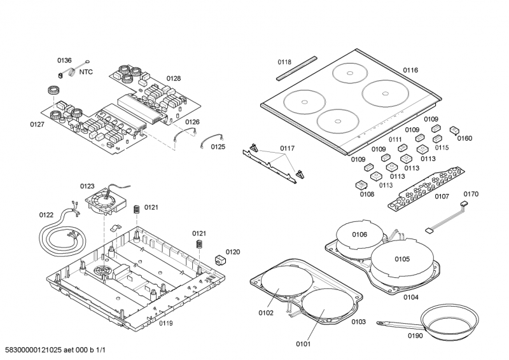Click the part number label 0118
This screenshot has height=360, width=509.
284,62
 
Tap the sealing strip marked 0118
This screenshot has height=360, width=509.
296,67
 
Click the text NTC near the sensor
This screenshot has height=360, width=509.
86,72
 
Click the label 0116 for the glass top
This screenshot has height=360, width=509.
410,70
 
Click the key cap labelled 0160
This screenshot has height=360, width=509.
454,130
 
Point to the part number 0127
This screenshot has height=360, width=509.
37,124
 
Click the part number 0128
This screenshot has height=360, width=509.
174,79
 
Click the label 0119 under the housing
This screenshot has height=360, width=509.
166,324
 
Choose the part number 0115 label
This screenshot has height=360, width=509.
442,148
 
